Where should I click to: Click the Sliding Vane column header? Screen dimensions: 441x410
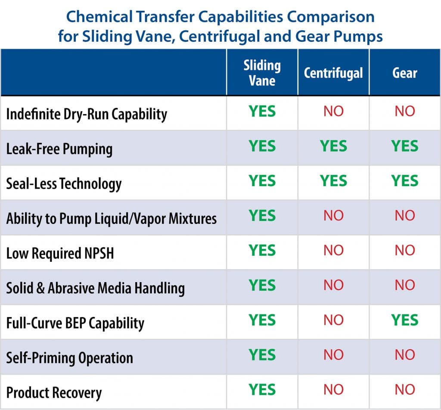point(262,73)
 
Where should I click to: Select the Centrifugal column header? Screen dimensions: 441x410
point(333,73)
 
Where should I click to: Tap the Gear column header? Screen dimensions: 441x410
point(405,73)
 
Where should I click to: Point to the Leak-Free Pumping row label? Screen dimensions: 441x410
point(59,149)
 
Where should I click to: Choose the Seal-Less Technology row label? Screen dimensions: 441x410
point(64,184)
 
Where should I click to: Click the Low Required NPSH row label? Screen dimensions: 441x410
point(60,253)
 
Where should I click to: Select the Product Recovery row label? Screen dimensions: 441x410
point(54,393)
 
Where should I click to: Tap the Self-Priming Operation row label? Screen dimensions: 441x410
point(69,358)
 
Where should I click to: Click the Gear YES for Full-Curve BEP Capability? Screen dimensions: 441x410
point(405,320)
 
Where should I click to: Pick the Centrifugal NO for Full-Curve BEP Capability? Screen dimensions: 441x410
point(334,320)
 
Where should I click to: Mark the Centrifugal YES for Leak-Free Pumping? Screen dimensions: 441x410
point(334,146)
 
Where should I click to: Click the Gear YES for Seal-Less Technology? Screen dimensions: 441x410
point(405,180)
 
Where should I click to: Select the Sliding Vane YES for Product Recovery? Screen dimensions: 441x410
point(262,389)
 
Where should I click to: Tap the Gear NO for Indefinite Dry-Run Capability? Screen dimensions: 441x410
point(405,111)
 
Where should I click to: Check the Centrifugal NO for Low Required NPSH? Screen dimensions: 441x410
point(334,250)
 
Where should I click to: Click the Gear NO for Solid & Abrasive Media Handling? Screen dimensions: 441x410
point(405,285)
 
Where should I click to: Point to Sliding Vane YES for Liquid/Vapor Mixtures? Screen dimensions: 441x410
point(262,216)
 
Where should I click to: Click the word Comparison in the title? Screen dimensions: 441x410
point(331,17)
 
